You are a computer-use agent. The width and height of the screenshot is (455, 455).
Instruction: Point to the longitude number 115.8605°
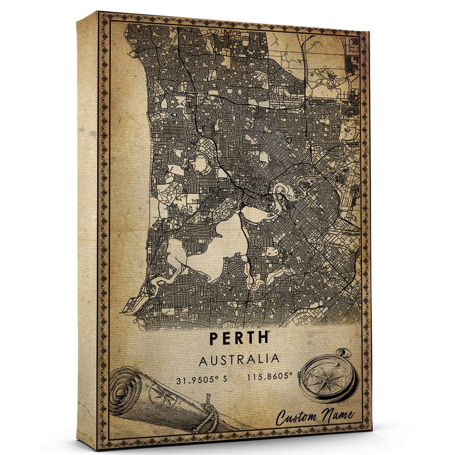tap(270, 377)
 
